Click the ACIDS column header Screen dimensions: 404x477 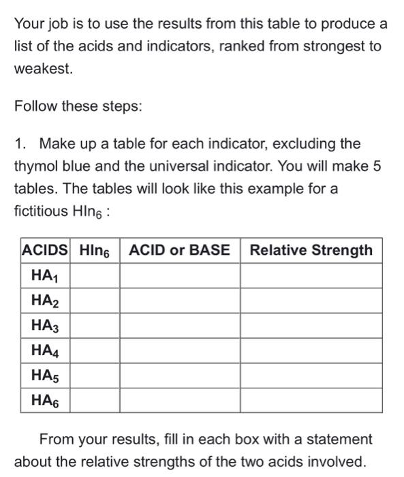[x=45, y=250]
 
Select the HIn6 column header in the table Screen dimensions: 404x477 [x=95, y=250]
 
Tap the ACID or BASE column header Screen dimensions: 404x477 [x=180, y=250]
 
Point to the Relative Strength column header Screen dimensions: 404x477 [x=311, y=250]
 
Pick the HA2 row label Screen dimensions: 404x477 [x=45, y=301]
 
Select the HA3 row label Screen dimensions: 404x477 [x=45, y=326]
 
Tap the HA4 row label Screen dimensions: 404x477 [x=45, y=351]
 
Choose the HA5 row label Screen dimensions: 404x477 [x=45, y=375]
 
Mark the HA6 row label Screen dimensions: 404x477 [x=45, y=401]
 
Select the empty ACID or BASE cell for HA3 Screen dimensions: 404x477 [x=180, y=326]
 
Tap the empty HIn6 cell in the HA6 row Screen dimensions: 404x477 [x=95, y=401]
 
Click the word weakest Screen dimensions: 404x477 [x=43, y=70]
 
